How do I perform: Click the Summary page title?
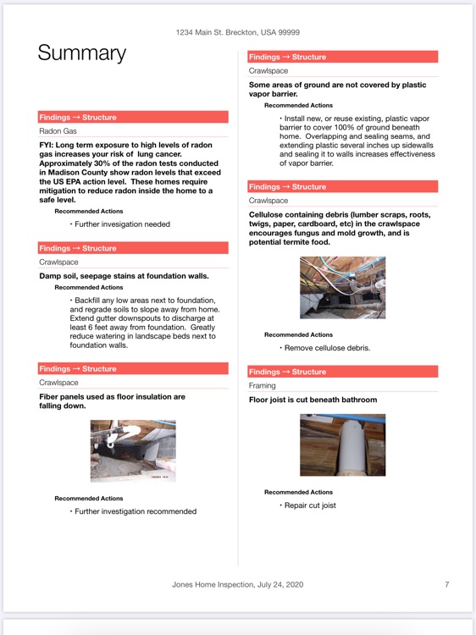81,53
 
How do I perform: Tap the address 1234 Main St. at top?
237,32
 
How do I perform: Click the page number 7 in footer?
446,584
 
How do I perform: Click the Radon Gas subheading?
58,131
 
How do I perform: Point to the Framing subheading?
263,385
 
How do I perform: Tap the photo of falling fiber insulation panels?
133,451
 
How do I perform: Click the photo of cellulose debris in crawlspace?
342,288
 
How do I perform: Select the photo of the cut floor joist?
342,444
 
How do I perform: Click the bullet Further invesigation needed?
122,224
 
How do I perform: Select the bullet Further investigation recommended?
135,511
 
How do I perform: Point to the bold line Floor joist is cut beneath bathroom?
313,400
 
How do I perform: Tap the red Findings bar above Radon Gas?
133,118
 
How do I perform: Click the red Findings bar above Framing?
342,372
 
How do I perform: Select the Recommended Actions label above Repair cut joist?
298,492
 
